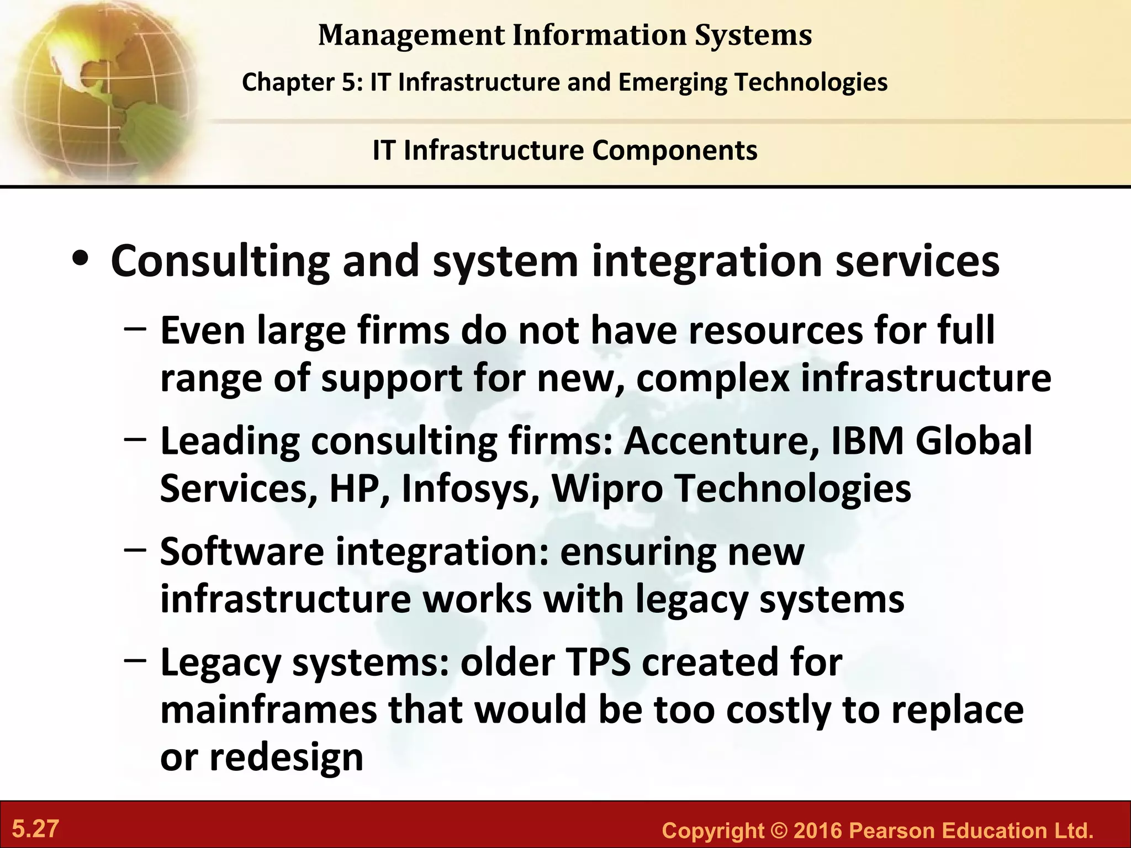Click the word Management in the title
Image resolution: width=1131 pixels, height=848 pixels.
(x=411, y=35)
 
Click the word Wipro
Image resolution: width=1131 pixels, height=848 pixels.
(x=607, y=489)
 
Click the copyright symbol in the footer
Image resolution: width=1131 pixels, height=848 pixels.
(x=775, y=831)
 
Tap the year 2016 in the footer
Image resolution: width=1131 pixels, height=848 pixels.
(x=817, y=831)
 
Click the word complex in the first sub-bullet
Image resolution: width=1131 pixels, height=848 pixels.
(x=712, y=379)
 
